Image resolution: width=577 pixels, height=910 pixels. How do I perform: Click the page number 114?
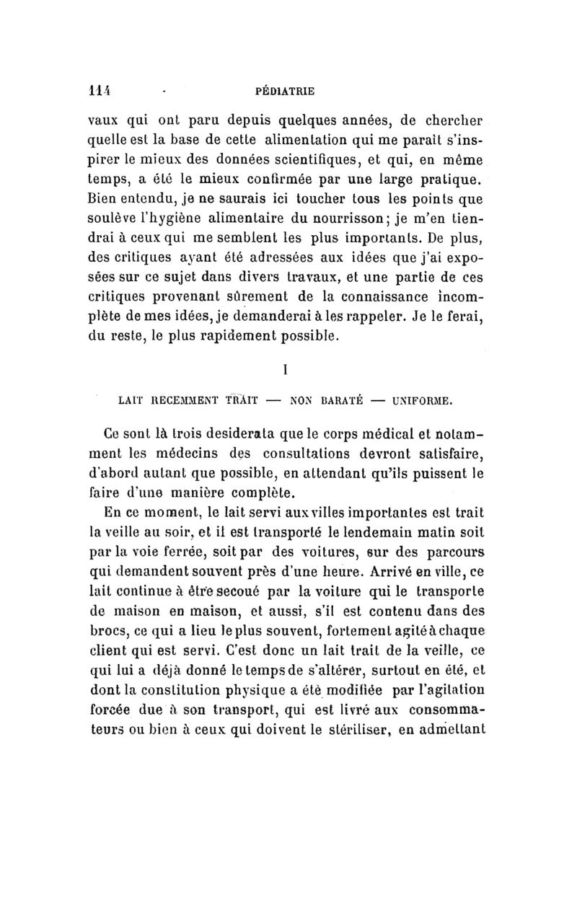pyautogui.click(x=97, y=91)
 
